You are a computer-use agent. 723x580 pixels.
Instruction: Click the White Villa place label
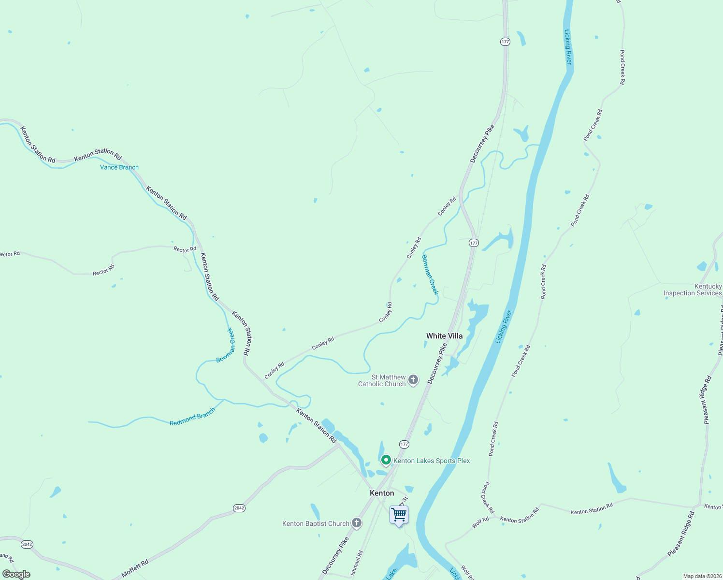point(444,336)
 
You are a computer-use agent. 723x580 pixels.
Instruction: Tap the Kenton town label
point(382,493)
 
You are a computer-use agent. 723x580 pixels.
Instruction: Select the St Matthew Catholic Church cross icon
point(413,380)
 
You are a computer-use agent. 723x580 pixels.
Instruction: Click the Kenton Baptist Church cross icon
point(357,523)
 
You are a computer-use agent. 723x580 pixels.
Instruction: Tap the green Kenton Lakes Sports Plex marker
point(386,460)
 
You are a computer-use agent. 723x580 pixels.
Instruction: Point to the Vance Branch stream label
point(119,167)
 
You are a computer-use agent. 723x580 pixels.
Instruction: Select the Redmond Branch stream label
point(192,417)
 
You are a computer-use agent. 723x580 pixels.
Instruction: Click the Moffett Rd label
point(135,568)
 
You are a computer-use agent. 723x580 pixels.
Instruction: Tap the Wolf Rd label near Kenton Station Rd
point(481,522)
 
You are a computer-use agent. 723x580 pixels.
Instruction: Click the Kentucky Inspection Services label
point(693,290)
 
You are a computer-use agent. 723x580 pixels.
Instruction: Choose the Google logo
point(16,574)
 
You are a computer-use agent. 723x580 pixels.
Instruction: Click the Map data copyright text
point(701,576)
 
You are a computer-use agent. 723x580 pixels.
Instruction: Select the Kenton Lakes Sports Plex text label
point(432,461)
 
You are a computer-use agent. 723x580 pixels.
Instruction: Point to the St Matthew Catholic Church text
point(382,380)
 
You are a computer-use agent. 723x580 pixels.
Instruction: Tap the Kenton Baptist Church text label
point(316,523)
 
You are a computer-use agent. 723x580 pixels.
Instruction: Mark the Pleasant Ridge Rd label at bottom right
point(681,534)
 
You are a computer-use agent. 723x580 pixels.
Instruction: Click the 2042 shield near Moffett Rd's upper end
point(239,508)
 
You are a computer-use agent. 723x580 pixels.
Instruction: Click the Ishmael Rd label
point(356,563)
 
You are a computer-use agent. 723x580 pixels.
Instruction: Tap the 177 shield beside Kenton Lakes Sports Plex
point(404,444)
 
